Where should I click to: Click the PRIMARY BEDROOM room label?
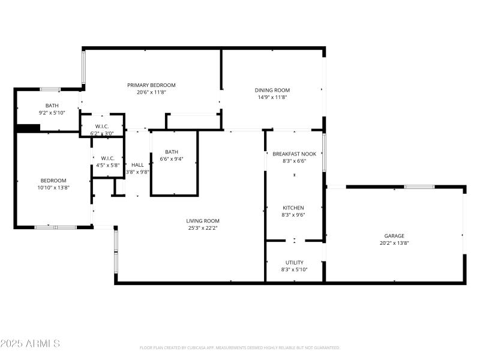point(151,85)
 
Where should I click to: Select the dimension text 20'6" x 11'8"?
point(151,92)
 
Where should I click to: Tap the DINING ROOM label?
point(273,90)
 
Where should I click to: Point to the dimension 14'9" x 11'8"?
point(273,97)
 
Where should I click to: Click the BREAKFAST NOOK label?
point(294,154)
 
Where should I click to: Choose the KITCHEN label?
point(293,208)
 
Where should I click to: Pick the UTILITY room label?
point(294,262)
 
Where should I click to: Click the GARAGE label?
point(394,236)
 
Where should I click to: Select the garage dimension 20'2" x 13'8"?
point(394,243)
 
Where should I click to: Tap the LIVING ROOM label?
point(203,221)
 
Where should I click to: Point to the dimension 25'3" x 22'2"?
point(203,228)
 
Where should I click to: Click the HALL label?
point(137,165)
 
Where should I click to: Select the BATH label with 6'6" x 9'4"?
point(172,152)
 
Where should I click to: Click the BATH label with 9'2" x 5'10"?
point(52,106)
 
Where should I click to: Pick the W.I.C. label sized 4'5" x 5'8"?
point(108,158)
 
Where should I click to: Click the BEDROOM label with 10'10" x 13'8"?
point(53,181)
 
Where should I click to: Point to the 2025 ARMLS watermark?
point(30,344)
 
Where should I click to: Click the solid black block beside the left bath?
point(28,128)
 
